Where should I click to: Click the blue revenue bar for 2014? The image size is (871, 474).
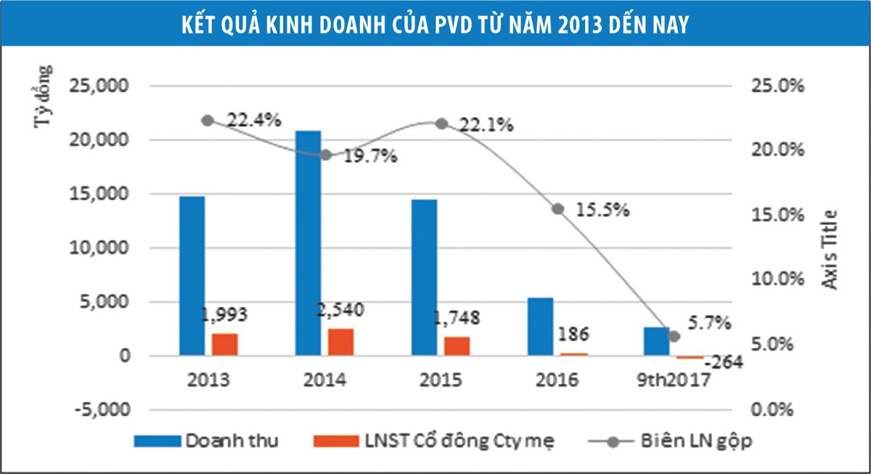pyautogui.click(x=308, y=243)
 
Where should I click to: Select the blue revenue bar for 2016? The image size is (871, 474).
pyautogui.click(x=540, y=327)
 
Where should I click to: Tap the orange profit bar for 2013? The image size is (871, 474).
pyautogui.click(x=225, y=344)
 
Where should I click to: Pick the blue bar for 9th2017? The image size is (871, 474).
pyautogui.click(x=656, y=341)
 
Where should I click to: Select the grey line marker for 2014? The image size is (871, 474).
pyautogui.click(x=326, y=155)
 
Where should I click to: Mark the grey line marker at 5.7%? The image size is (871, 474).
pyautogui.click(x=674, y=336)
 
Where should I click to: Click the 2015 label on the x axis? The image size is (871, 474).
pyautogui.click(x=441, y=380)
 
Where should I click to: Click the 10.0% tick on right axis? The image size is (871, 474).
pyautogui.click(x=777, y=279)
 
